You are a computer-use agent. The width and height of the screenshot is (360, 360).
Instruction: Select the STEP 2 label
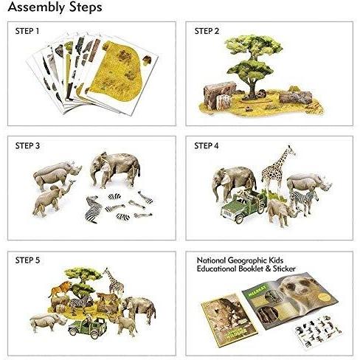[209, 32]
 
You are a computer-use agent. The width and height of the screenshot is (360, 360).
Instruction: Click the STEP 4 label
[209, 147]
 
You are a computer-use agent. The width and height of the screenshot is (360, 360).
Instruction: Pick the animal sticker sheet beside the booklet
[322, 333]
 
